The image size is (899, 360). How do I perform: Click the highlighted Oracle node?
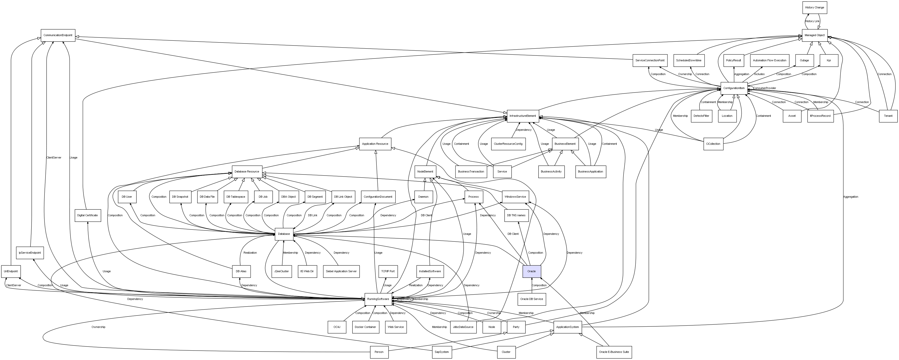pos(531,271)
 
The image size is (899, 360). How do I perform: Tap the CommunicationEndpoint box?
pos(58,35)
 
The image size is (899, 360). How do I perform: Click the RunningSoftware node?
pos(378,299)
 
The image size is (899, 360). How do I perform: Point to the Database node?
pos(284,234)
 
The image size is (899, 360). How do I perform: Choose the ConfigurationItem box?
pos(734,88)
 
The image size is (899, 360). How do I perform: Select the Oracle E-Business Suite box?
pos(614,352)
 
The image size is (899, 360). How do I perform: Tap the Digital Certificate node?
pos(88,215)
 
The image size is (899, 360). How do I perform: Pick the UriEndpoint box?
pos(11,271)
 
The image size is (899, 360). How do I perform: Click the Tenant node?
pos(888,116)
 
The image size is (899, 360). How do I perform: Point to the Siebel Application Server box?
pos(341,271)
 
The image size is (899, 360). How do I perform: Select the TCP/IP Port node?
pos(388,271)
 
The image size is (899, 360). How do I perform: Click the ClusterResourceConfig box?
pos(508,144)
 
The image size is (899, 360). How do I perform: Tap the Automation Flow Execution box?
pos(770,60)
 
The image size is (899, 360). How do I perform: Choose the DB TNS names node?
pos(516,215)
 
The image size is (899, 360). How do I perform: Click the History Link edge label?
pos(812,21)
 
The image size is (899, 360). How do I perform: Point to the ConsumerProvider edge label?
pos(765,88)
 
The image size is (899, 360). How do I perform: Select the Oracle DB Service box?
pos(531,299)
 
